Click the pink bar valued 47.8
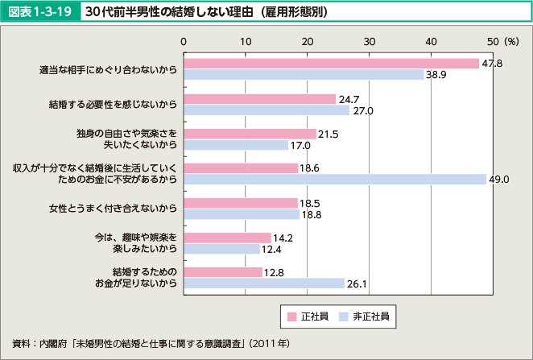[x=331, y=64]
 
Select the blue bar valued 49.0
[x=335, y=179]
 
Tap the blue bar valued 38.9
[x=304, y=75]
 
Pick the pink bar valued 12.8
[x=223, y=271]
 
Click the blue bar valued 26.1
[x=264, y=283]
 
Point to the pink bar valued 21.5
[x=250, y=134]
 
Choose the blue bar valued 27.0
[x=266, y=110]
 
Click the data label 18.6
[x=310, y=168]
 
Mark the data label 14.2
[x=283, y=238]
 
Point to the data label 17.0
[x=300, y=145]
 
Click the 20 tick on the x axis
[x=307, y=39]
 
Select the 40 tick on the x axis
[x=430, y=39]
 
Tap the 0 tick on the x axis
[x=184, y=39]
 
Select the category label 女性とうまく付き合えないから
[x=112, y=209]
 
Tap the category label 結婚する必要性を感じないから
[x=112, y=104]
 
